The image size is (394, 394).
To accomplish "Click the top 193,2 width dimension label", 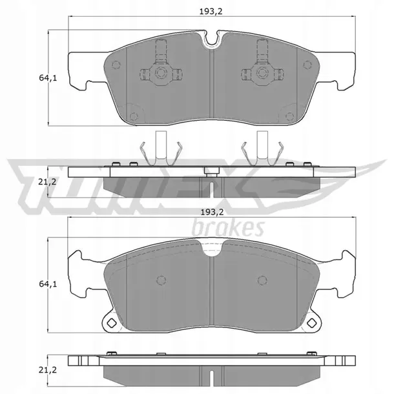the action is (211, 12).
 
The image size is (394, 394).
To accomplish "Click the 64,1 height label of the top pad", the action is (48, 78).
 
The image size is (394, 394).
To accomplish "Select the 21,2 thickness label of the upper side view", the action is (48, 181).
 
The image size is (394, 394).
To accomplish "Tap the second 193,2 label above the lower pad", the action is (212, 213).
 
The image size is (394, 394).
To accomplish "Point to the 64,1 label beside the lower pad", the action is (48, 284).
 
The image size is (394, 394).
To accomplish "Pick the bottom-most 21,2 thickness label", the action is (48, 370).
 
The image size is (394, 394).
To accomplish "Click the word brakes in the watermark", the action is (228, 228).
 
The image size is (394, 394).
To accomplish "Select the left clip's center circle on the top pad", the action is (161, 73).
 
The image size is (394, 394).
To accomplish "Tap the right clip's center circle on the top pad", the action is (262, 73).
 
